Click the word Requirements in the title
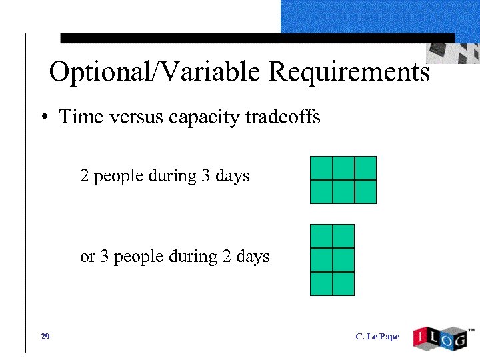pyautogui.click(x=349, y=71)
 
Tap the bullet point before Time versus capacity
pyautogui.click(x=43, y=118)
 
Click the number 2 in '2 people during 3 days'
pyautogui.click(x=85, y=176)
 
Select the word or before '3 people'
pyautogui.click(x=87, y=257)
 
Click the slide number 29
pyautogui.click(x=45, y=337)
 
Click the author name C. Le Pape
pyautogui.click(x=377, y=337)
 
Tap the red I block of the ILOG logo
pyautogui.click(x=421, y=336)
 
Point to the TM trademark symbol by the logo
pyautogui.click(x=471, y=329)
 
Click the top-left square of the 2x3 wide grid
pyautogui.click(x=321, y=168)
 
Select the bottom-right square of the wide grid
pyautogui.click(x=365, y=191)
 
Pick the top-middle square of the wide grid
pyautogui.click(x=343, y=168)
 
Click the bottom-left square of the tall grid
pyautogui.click(x=321, y=283)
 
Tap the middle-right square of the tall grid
pyautogui.click(x=343, y=260)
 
